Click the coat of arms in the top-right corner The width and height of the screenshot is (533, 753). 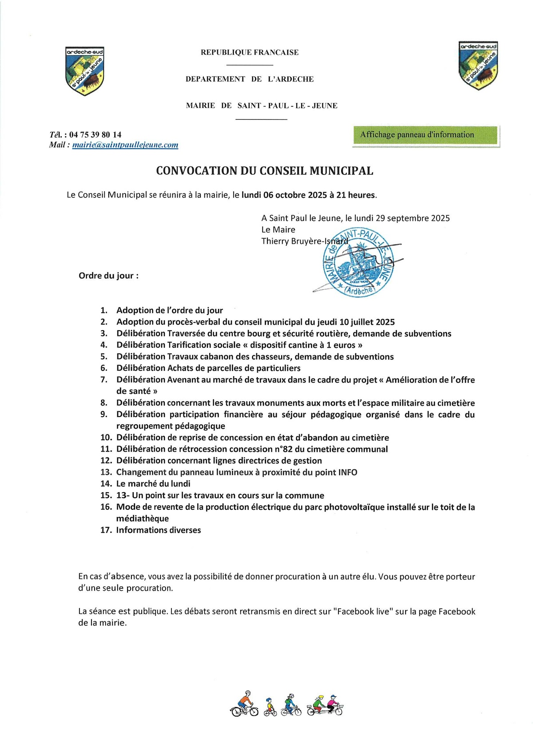click(478, 65)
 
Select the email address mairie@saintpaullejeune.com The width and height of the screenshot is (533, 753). click(125, 145)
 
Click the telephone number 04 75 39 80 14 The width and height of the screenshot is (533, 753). click(95, 134)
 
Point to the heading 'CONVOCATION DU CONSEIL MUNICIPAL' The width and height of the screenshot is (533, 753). click(264, 171)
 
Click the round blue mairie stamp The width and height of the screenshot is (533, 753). click(358, 263)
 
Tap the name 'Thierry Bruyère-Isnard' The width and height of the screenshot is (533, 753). click(305, 241)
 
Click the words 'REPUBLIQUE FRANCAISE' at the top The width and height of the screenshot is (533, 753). click(250, 52)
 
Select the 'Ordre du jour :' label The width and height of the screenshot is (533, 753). click(108, 276)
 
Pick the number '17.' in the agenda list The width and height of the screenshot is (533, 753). click(106, 530)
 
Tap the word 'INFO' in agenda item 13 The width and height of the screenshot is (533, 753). click(348, 472)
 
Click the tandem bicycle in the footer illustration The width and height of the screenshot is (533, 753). click(325, 705)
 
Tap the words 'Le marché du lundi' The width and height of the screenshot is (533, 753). click(153, 484)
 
